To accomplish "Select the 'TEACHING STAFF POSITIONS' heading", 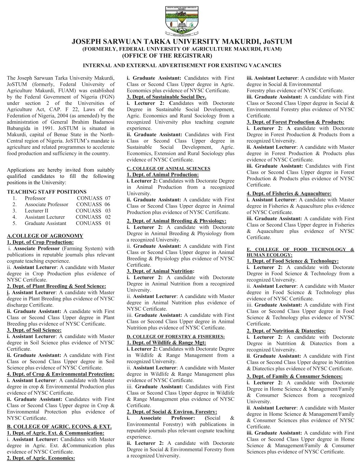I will click(x=47, y=192).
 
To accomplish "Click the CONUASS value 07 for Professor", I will click(x=108, y=198).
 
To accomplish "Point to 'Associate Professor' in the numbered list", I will click(x=46, y=204).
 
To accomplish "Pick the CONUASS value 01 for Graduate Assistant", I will click(x=108, y=223).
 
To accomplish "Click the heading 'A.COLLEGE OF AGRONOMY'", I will click(x=45, y=236).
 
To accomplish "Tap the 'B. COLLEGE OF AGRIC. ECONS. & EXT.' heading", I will click(x=59, y=427).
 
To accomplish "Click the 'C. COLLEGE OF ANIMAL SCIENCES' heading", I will click(x=168, y=169).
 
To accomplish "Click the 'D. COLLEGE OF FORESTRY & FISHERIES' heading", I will click(x=176, y=337).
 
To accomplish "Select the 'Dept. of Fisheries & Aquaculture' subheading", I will click(x=289, y=194).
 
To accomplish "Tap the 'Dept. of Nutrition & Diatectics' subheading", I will click(x=286, y=331).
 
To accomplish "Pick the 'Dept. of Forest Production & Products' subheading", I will click(x=295, y=122).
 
